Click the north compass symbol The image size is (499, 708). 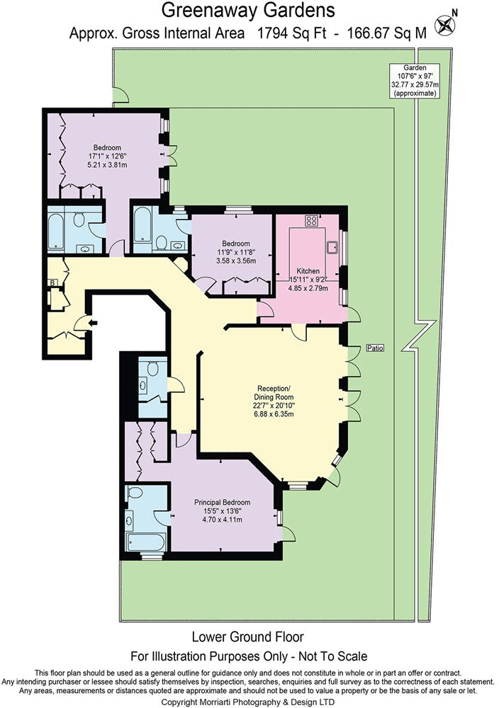445,26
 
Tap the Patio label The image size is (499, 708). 374,348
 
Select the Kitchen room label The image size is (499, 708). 308,271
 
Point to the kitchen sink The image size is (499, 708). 332,247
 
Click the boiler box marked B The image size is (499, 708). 52,283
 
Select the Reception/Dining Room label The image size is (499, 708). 274,393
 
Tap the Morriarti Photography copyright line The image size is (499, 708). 249,701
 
